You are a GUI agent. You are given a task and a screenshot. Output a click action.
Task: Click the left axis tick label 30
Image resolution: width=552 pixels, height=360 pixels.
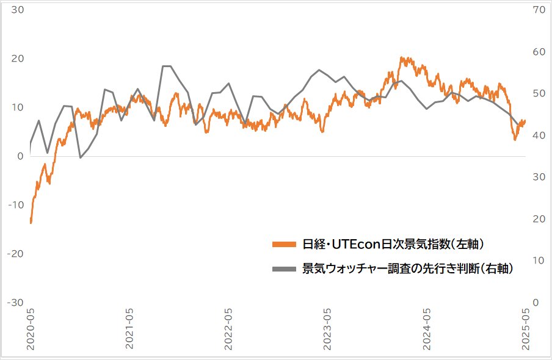click(x=17, y=10)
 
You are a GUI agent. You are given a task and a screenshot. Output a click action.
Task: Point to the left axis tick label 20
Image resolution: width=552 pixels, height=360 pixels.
click(x=17, y=59)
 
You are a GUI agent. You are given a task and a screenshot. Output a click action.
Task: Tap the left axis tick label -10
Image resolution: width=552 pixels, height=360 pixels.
click(x=16, y=205)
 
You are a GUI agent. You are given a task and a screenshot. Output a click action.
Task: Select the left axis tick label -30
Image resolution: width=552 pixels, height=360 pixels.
click(x=16, y=303)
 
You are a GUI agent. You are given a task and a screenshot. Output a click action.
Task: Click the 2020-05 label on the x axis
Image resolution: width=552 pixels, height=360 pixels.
click(x=31, y=329)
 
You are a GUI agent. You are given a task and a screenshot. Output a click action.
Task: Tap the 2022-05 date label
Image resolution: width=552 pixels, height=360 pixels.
click(x=229, y=329)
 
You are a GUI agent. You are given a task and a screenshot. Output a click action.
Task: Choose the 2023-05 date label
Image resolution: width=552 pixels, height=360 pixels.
click(x=328, y=329)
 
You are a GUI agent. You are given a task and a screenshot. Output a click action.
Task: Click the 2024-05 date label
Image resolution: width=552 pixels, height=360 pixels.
click(x=427, y=329)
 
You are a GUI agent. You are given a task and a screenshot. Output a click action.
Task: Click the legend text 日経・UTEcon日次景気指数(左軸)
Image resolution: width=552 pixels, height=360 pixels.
click(x=393, y=245)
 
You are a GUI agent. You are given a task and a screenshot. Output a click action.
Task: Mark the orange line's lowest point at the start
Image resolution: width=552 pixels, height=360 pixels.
click(x=31, y=223)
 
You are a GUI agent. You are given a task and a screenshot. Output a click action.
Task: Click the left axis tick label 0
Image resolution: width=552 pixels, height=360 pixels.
click(x=20, y=156)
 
